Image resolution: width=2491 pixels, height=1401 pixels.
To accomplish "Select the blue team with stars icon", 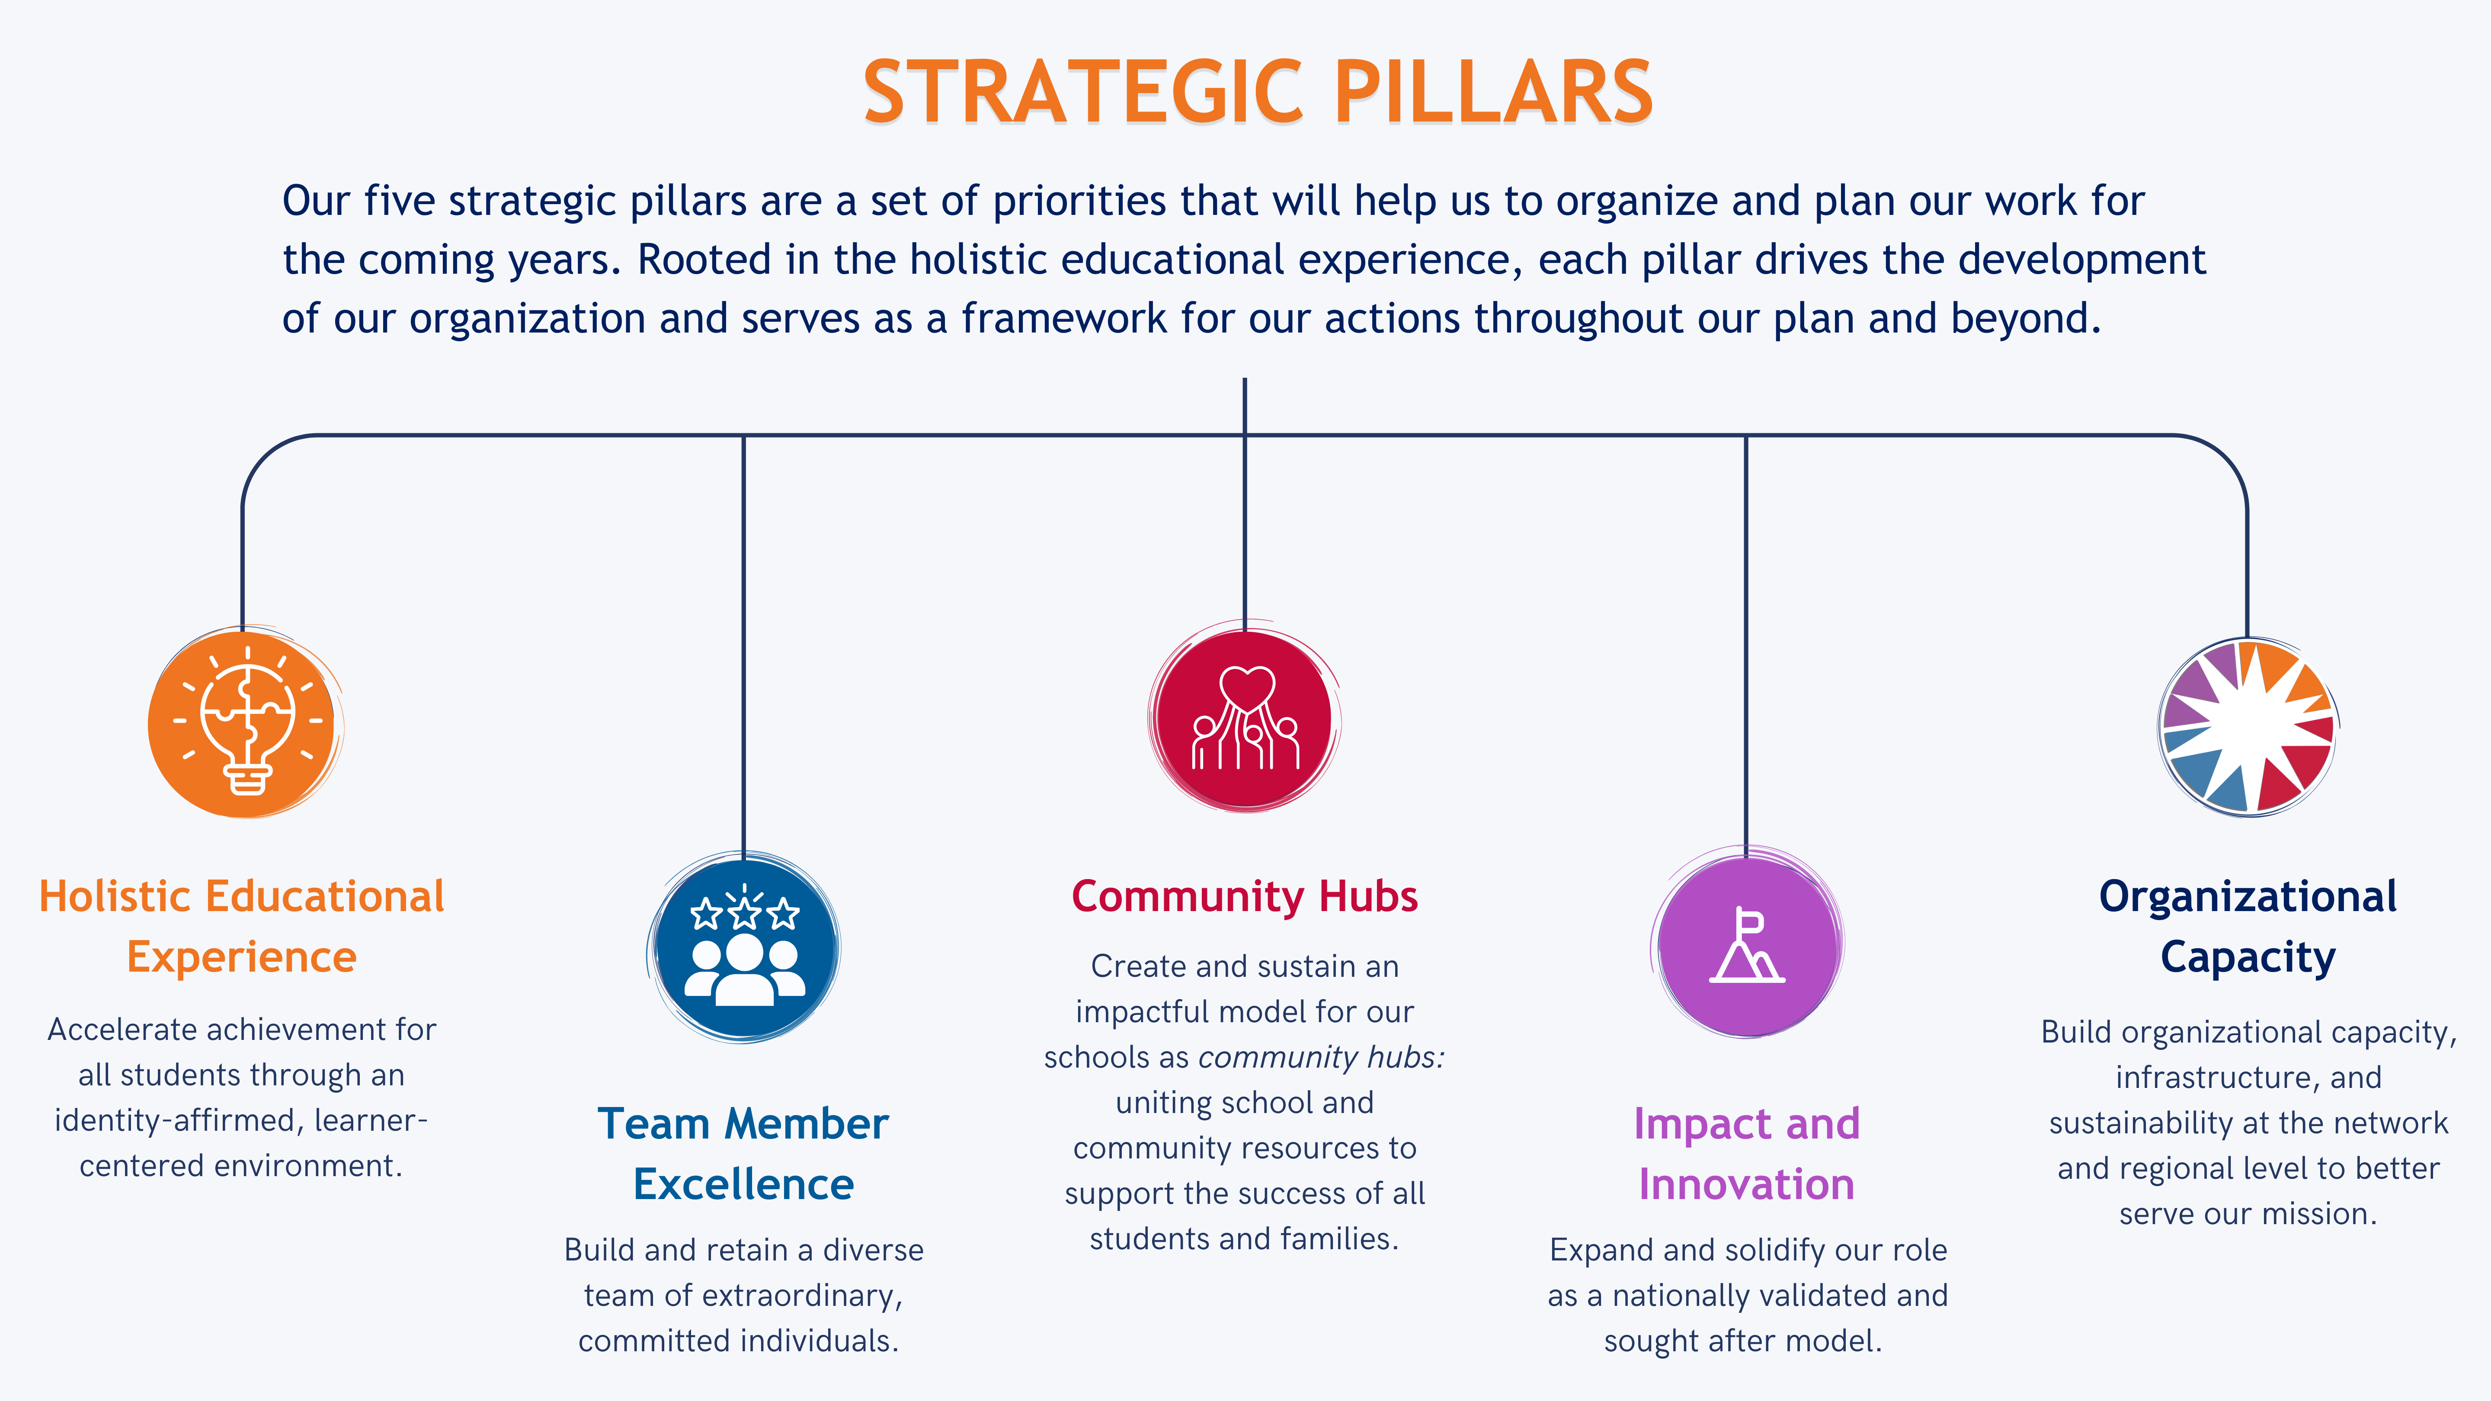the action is pyautogui.click(x=744, y=947).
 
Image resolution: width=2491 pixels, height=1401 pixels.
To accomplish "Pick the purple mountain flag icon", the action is pyautogui.click(x=1746, y=943).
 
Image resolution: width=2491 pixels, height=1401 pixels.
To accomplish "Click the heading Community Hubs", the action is pyautogui.click(x=1245, y=896).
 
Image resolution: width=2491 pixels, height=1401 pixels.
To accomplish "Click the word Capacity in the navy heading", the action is pyautogui.click(x=2248, y=957).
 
